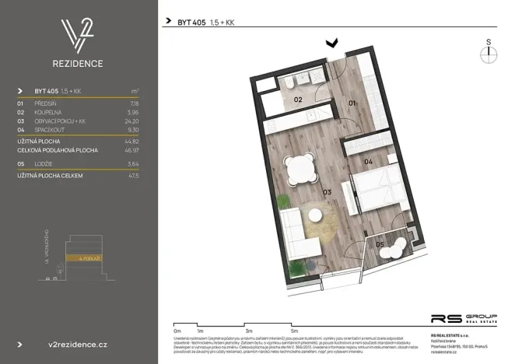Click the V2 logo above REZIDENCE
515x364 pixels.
[x=78, y=35]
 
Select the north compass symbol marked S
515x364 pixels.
[x=488, y=52]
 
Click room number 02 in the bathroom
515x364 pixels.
[x=298, y=100]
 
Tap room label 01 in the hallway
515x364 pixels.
[x=352, y=103]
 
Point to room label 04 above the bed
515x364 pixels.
[x=369, y=162]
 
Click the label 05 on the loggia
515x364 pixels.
[x=380, y=245]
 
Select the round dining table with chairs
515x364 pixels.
[x=300, y=168]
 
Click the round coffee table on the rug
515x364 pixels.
[x=315, y=215]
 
